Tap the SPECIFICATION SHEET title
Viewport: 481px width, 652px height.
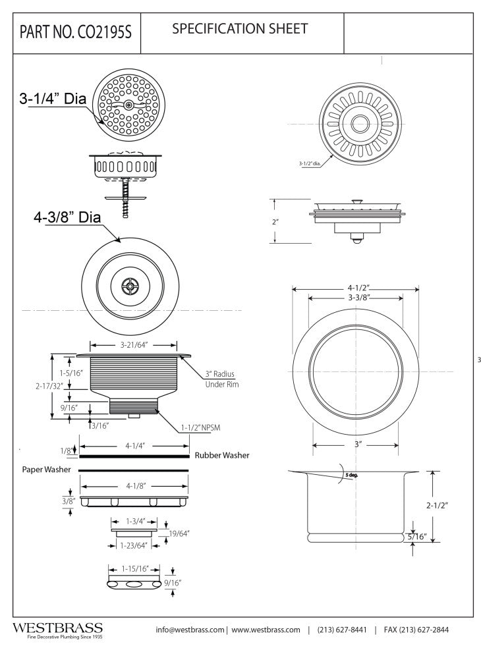[x=239, y=29]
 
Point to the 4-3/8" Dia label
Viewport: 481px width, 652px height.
[x=67, y=218]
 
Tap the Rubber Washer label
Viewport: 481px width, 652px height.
[x=221, y=455]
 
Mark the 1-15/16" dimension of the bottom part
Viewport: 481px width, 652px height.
[x=135, y=568]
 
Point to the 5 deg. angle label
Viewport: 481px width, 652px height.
[x=348, y=475]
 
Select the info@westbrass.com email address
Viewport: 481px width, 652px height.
[x=190, y=630]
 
